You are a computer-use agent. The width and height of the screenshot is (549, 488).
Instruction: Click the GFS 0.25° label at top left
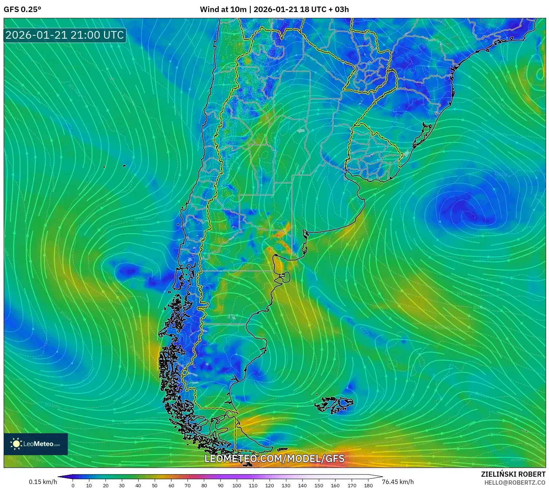pyautogui.click(x=22, y=9)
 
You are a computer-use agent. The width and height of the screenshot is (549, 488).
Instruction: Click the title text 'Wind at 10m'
pyautogui.click(x=223, y=9)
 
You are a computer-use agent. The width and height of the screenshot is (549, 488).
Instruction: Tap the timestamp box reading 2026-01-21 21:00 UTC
pyautogui.click(x=65, y=35)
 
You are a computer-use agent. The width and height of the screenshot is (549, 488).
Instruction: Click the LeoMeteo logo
pyautogui.click(x=36, y=444)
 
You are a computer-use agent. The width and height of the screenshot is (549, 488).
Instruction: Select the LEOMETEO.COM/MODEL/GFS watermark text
pyautogui.click(x=274, y=458)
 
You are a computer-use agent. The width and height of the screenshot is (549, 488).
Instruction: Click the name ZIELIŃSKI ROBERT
pyautogui.click(x=513, y=474)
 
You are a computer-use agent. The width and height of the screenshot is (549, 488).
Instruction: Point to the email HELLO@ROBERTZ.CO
pyautogui.click(x=514, y=483)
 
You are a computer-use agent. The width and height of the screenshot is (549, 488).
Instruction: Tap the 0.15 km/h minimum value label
pyautogui.click(x=43, y=482)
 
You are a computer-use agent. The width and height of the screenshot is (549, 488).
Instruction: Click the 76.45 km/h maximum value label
pyautogui.click(x=398, y=482)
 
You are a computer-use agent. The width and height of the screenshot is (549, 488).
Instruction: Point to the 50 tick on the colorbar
pyautogui.click(x=155, y=485)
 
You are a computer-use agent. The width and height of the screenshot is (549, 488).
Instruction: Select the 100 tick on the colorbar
pyautogui.click(x=237, y=485)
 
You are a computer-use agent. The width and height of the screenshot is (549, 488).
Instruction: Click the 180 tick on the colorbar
pyautogui.click(x=368, y=485)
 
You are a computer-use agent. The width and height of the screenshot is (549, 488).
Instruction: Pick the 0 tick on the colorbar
pyautogui.click(x=73, y=485)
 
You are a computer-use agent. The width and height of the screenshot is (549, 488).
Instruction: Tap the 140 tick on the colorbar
pyautogui.click(x=302, y=485)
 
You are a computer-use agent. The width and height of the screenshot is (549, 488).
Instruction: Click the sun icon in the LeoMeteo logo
pyautogui.click(x=16, y=444)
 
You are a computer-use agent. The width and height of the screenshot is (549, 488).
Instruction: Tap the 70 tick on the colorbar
pyautogui.click(x=187, y=485)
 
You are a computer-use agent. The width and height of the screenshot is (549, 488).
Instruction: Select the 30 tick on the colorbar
pyautogui.click(x=122, y=485)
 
